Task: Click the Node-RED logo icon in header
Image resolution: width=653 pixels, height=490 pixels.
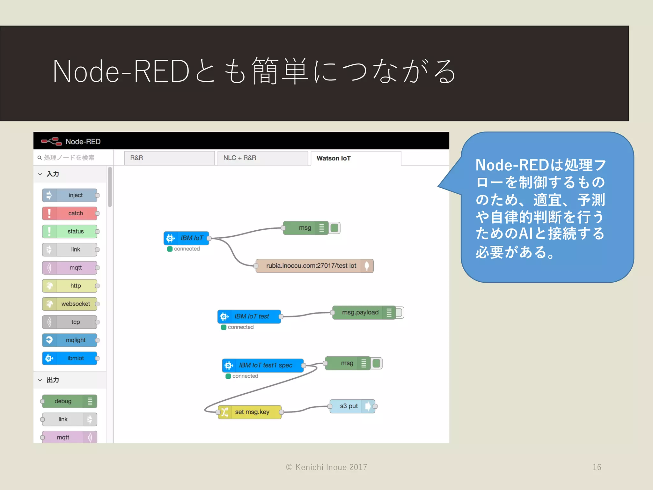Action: tap(51, 141)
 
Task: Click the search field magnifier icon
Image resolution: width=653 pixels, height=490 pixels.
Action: tap(40, 158)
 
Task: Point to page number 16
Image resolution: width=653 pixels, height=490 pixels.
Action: tap(597, 467)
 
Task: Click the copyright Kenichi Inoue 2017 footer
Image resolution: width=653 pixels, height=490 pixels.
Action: tap(326, 467)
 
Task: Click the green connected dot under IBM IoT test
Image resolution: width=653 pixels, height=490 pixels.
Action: tap(224, 327)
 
